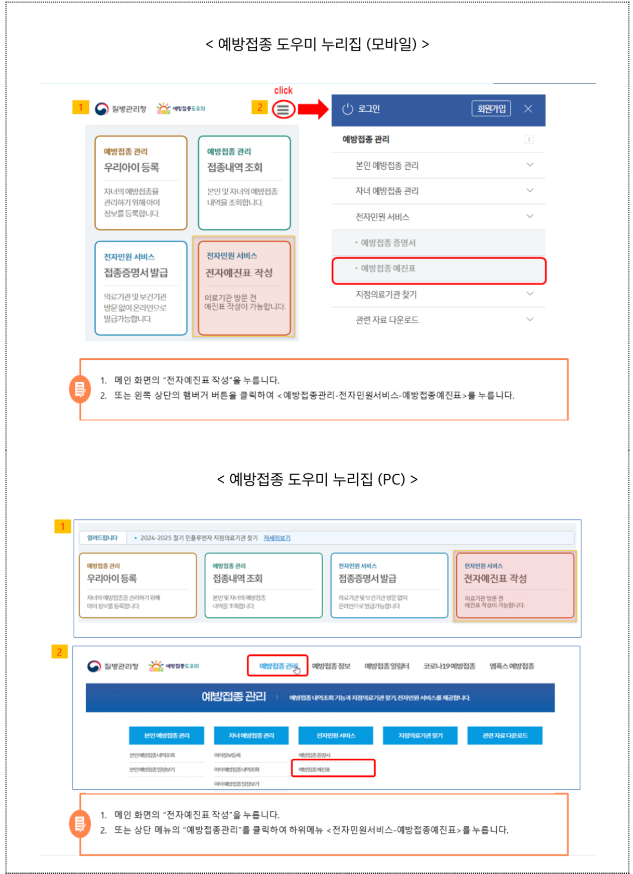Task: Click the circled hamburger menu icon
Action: click(x=283, y=109)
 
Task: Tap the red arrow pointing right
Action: click(x=313, y=109)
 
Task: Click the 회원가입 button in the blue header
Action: click(x=491, y=109)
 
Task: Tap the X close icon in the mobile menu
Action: click(x=528, y=109)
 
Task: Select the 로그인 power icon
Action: click(x=348, y=109)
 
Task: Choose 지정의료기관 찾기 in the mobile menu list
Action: click(x=386, y=294)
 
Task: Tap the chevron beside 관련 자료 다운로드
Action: click(x=530, y=319)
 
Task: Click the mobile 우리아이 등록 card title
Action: click(x=131, y=168)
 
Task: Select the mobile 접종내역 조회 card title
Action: click(x=235, y=168)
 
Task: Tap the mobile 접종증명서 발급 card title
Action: click(x=136, y=273)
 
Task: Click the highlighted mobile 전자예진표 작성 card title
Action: click(x=239, y=273)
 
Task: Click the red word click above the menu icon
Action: click(x=283, y=90)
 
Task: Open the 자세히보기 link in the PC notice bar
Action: click(x=277, y=538)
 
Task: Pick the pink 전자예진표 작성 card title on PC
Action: click(x=495, y=579)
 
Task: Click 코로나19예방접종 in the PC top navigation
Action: click(x=449, y=666)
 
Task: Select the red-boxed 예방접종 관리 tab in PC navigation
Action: click(x=278, y=666)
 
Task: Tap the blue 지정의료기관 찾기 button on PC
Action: click(x=420, y=735)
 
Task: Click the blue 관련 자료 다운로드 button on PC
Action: click(x=505, y=735)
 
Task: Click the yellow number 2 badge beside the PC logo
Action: click(x=59, y=652)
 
